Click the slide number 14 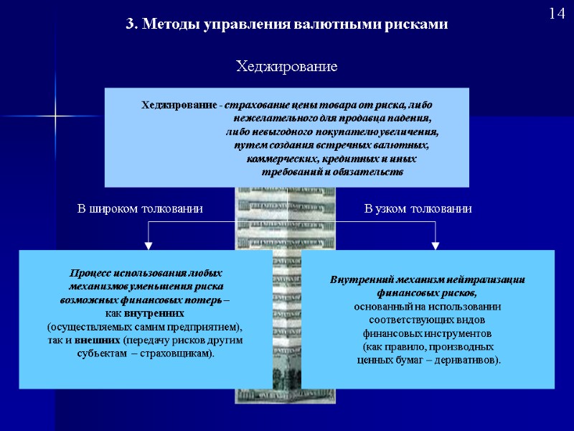(557, 14)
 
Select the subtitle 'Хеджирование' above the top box (287, 67)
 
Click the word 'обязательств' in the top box (369, 172)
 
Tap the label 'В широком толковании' (140, 209)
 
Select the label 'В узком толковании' (418, 209)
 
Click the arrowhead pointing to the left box (149, 245)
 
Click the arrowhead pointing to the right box (436, 245)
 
